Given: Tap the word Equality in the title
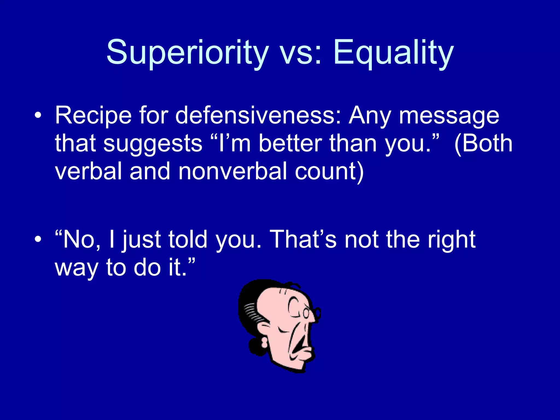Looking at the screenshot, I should coord(393,52).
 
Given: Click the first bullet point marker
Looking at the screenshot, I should coord(38,116).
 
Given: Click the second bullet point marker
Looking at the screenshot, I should coord(38,240).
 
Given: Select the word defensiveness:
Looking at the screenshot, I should coord(258,116).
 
